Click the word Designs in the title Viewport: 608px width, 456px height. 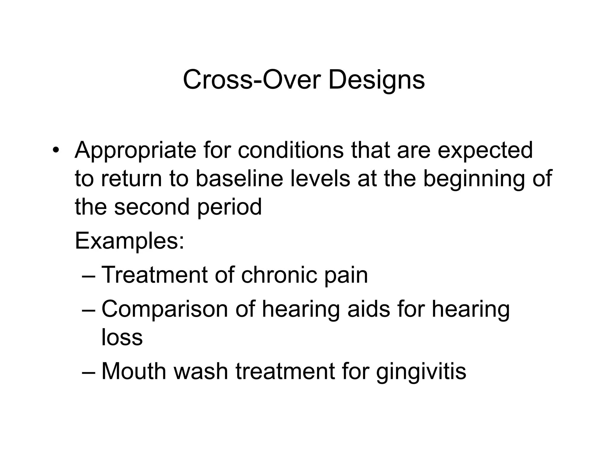click(x=376, y=80)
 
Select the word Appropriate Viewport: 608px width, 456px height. click(x=135, y=151)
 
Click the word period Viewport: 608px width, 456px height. click(x=229, y=208)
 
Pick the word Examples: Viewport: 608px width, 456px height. click(x=130, y=242)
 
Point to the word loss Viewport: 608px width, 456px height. click(x=122, y=338)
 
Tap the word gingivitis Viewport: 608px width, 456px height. click(x=421, y=372)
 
